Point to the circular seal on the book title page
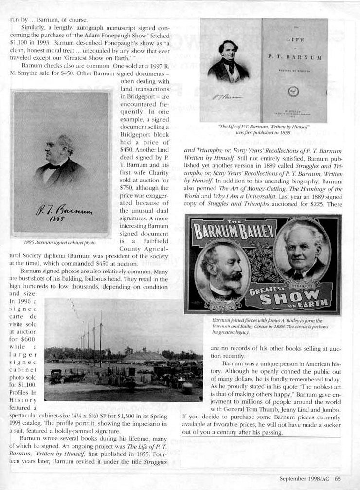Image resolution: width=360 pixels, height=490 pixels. [293, 91]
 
